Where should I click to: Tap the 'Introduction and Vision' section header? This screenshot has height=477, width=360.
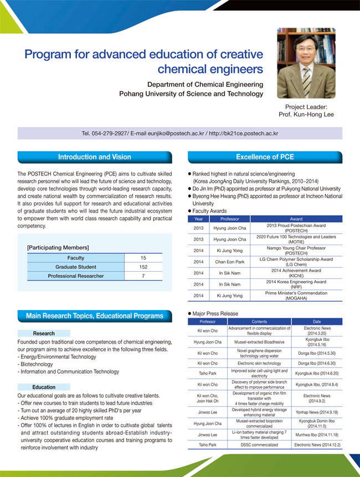pos(95,157)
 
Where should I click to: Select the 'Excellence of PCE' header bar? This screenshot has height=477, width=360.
pos(265,157)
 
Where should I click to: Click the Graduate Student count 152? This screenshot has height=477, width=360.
pos(143,267)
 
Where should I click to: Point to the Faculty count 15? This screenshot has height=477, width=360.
pos(143,258)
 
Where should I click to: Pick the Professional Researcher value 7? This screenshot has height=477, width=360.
pos(143,276)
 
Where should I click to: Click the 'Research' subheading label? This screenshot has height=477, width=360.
pos(44,334)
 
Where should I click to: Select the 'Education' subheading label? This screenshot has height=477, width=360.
pos(44,387)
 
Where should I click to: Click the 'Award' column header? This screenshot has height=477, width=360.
pos(296,219)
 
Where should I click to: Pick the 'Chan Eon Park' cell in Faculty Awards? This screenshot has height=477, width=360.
pos(229,262)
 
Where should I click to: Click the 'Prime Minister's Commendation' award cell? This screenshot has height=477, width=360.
pos(296,295)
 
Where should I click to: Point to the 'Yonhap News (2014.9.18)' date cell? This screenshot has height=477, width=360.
pos(317,412)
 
